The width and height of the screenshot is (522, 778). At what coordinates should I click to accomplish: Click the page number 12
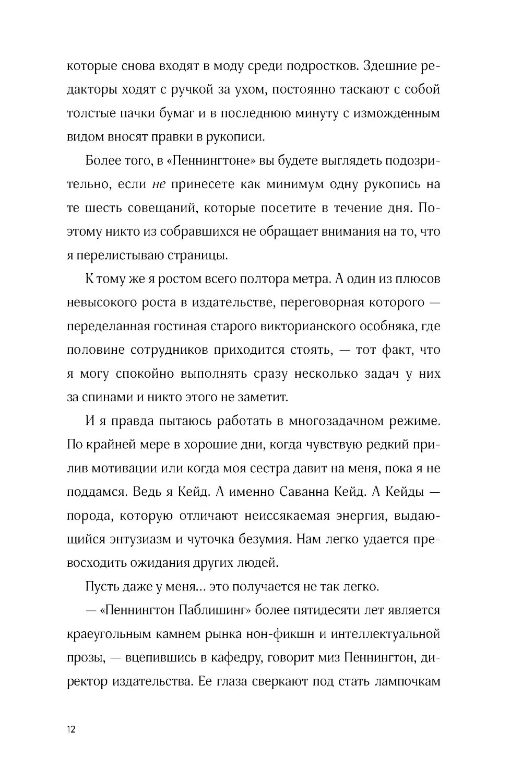(x=71, y=730)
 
